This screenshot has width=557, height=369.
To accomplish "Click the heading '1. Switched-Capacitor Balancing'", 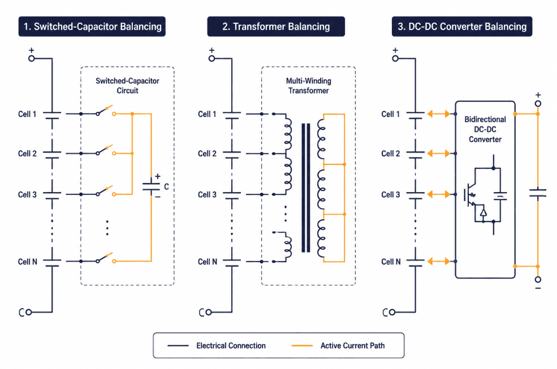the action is (92, 27).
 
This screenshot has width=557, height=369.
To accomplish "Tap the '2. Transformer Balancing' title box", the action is (276, 27).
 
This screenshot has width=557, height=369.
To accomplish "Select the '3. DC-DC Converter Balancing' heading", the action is (462, 27).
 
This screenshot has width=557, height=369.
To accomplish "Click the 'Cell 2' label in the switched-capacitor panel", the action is (27, 154).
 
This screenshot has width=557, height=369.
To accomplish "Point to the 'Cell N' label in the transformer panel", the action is (208, 262).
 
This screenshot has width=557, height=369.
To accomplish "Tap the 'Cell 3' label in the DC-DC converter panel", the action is (391, 194).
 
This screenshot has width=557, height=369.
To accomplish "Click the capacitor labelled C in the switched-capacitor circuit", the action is (152, 186).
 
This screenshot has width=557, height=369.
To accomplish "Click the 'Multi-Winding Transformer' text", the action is (308, 85).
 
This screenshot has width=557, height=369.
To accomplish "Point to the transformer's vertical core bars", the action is (305, 188).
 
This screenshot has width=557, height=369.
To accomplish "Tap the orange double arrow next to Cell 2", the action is (439, 154).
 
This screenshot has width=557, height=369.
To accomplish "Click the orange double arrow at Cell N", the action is (439, 262).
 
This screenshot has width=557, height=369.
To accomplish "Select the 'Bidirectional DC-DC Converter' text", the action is (485, 129).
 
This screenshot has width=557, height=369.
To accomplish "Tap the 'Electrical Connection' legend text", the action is (231, 346).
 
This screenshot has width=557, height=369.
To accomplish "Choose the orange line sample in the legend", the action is (302, 346).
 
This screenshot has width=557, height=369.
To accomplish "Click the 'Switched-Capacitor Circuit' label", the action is (128, 85).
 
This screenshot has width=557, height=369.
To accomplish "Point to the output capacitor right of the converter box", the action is (538, 194).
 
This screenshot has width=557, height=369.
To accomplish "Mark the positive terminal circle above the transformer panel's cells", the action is (211, 58).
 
